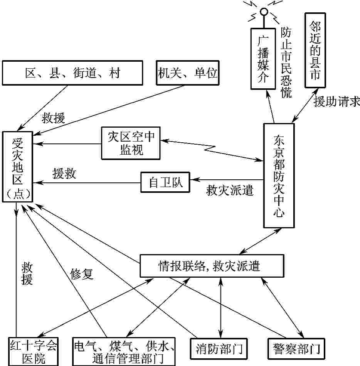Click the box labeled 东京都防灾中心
click(x=279, y=175)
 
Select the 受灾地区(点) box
click(x=17, y=167)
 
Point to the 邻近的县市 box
click(x=315, y=51)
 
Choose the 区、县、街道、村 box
click(x=72, y=73)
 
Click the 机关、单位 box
click(x=187, y=73)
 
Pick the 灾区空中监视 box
click(x=131, y=143)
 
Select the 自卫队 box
click(x=165, y=182)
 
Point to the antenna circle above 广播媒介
click(x=264, y=12)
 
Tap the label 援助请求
click(x=336, y=102)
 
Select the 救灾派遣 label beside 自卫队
click(x=230, y=190)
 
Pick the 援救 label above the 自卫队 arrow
click(x=64, y=174)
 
